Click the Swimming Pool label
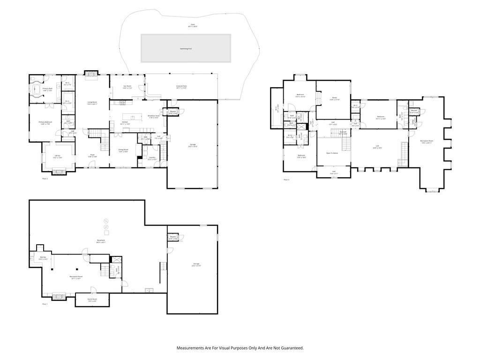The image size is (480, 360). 186,49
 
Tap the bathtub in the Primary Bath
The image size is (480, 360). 36,89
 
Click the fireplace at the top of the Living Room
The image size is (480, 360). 91,73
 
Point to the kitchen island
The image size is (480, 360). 133,117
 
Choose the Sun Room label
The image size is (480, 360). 127,87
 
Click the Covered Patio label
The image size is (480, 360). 181,87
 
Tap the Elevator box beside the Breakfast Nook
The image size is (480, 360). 172,113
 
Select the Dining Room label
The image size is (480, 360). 123,150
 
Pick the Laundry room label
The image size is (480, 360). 152,158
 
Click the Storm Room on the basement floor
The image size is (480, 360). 92,300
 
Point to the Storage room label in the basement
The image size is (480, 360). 196,264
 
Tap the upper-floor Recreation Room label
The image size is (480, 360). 427,142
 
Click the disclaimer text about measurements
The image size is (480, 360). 240,348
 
